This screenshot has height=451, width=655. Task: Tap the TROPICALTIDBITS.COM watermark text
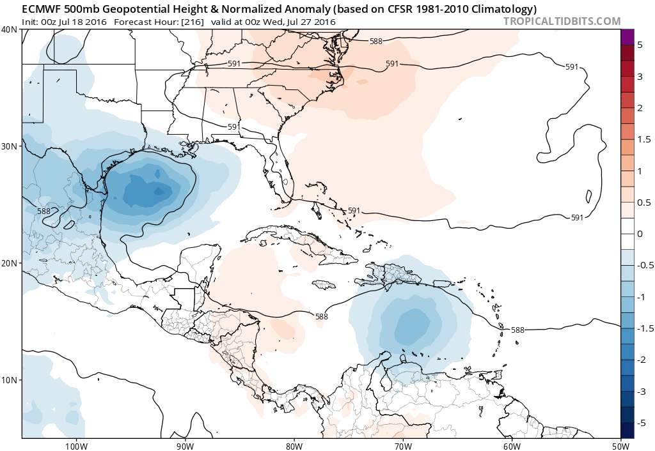(562, 21)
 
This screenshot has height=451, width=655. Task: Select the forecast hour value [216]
(193, 22)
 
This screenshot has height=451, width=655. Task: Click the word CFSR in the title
(404, 9)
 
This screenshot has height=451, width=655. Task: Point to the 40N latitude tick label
(10, 29)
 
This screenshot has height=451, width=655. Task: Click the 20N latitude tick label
(10, 263)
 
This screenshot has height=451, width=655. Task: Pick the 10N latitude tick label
(10, 380)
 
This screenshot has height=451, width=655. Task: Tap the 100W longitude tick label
(76, 446)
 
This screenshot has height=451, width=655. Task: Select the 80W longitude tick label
(294, 446)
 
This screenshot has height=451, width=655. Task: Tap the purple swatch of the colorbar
(627, 37)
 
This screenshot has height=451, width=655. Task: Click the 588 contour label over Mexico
(43, 211)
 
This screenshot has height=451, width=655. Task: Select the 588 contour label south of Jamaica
(322, 316)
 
